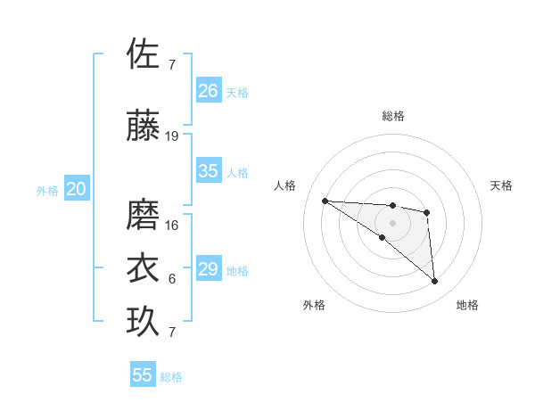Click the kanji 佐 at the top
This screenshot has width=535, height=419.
(x=144, y=54)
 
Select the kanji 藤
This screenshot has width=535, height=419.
(x=144, y=127)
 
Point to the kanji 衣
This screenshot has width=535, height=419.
(x=144, y=268)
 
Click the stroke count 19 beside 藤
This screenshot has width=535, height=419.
(x=172, y=136)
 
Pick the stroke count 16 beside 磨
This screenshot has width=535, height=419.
(x=172, y=226)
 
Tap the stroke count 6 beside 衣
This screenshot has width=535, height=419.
(x=172, y=279)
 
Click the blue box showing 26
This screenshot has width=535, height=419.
(x=209, y=90)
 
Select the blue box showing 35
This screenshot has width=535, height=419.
(x=209, y=171)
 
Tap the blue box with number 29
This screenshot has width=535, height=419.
(x=209, y=269)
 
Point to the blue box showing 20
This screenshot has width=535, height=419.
(x=77, y=189)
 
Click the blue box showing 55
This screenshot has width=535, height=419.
(x=143, y=375)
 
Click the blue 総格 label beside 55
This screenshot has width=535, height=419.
(x=171, y=377)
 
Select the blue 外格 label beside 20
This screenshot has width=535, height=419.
(x=47, y=191)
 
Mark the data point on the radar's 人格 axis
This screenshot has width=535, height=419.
(x=325, y=201)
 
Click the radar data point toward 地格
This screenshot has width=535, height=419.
(x=435, y=282)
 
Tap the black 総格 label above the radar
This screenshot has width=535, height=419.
(x=393, y=116)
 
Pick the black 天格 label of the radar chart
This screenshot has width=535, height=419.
(x=501, y=185)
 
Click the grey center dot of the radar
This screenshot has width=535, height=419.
(x=392, y=222)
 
